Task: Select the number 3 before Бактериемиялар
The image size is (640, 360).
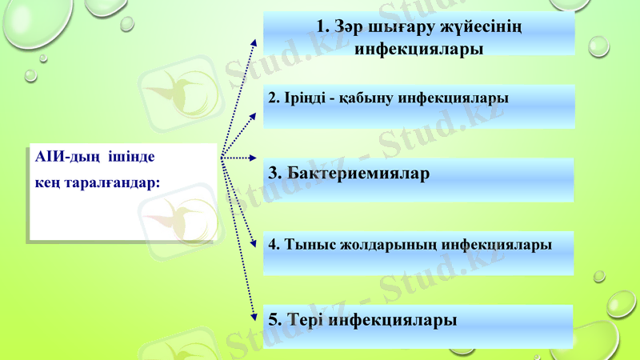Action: click(273, 173)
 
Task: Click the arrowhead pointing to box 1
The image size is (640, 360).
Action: click(254, 41)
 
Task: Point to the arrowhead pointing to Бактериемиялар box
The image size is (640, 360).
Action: click(254, 158)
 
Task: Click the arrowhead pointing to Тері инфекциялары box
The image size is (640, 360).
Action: click(254, 314)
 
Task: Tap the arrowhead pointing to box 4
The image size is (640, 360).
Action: click(254, 242)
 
